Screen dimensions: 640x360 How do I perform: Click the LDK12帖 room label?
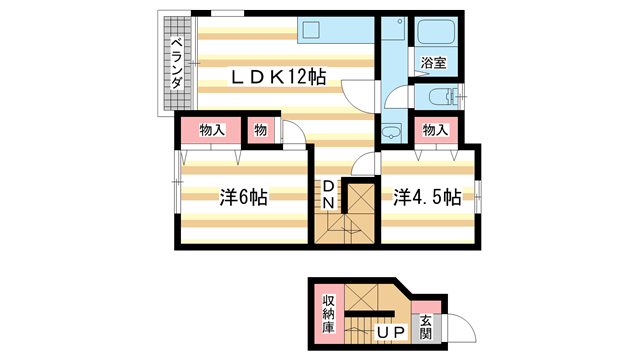[278, 76]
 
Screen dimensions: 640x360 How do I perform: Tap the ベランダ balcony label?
[176, 63]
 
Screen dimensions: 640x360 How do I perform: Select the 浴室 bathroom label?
[433, 62]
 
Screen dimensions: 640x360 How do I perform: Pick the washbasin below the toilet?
[391, 132]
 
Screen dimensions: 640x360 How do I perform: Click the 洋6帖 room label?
[244, 197]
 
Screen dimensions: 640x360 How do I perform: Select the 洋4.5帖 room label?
[427, 197]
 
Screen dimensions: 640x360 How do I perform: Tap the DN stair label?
[329, 194]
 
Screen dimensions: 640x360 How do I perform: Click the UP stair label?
[391, 333]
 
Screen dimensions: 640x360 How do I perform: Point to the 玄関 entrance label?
[425, 327]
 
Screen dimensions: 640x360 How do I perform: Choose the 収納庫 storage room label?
[329, 314]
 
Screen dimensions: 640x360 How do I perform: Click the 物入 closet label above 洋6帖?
[212, 130]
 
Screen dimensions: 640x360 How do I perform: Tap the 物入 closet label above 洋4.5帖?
[436, 130]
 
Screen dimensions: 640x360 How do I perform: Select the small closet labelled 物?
[260, 130]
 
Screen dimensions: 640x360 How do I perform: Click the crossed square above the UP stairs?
[361, 297]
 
